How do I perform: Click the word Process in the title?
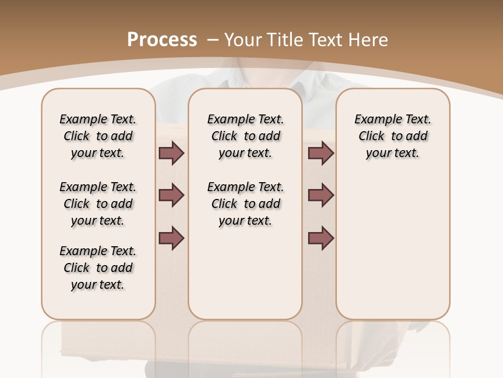[162, 40]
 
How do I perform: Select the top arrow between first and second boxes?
[171, 153]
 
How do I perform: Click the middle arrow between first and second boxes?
[171, 195]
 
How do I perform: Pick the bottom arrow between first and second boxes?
[171, 238]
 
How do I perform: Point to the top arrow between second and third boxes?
[321, 153]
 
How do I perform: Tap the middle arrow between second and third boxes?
[321, 195]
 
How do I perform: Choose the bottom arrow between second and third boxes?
[321, 238]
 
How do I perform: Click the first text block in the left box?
[98, 136]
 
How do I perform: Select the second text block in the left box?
[98, 204]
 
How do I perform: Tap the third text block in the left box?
[98, 268]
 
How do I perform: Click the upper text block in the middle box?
[246, 136]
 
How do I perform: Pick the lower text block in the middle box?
[246, 204]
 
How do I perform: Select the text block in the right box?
[393, 136]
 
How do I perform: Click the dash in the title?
[213, 39]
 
